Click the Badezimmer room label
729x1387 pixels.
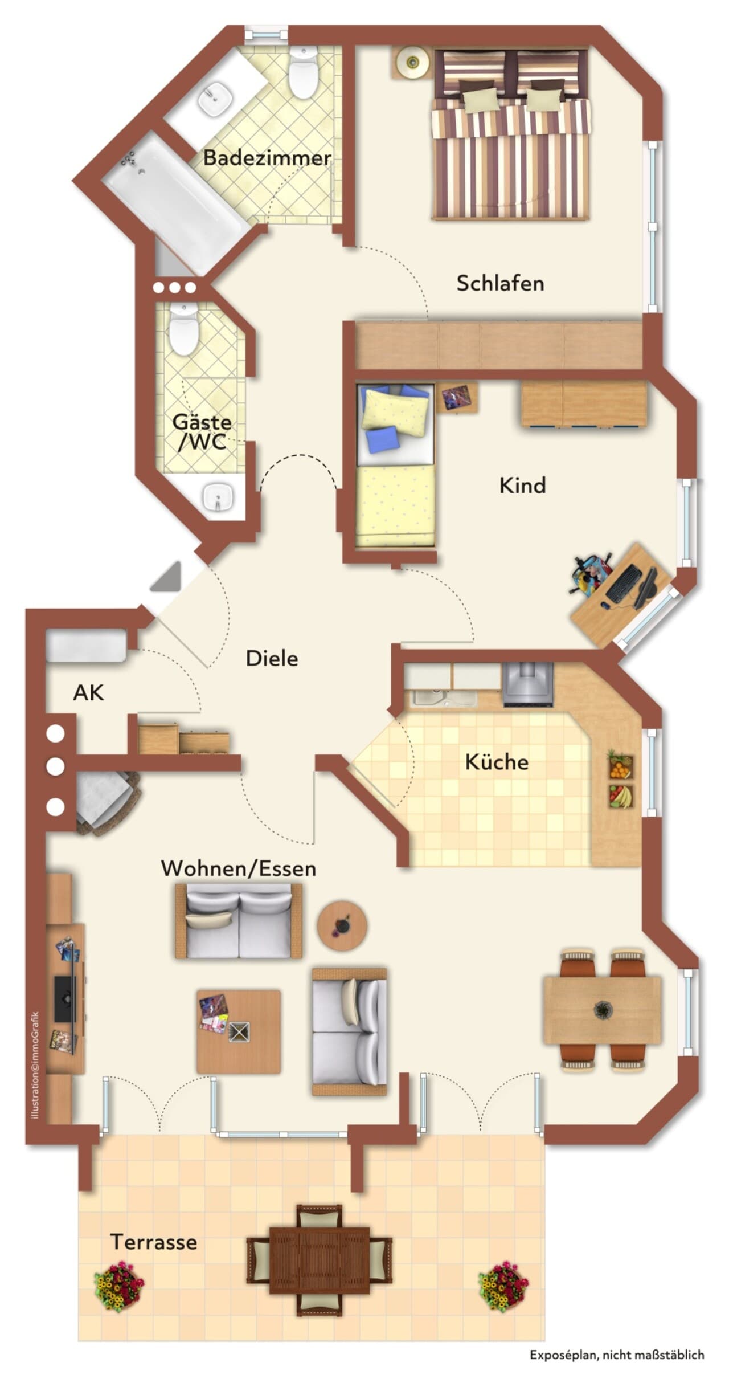(x=267, y=157)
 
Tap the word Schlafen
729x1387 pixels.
(x=500, y=283)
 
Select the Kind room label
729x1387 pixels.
(x=522, y=485)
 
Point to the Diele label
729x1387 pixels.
(x=272, y=658)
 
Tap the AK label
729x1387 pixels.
(x=88, y=692)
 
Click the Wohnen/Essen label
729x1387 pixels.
(x=239, y=868)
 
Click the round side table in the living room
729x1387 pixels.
(x=342, y=925)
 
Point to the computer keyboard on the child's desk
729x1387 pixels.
(x=624, y=584)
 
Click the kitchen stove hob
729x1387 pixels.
(x=528, y=684)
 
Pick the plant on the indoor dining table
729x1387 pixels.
(x=602, y=1010)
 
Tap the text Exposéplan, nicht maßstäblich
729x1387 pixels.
(x=617, y=1366)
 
